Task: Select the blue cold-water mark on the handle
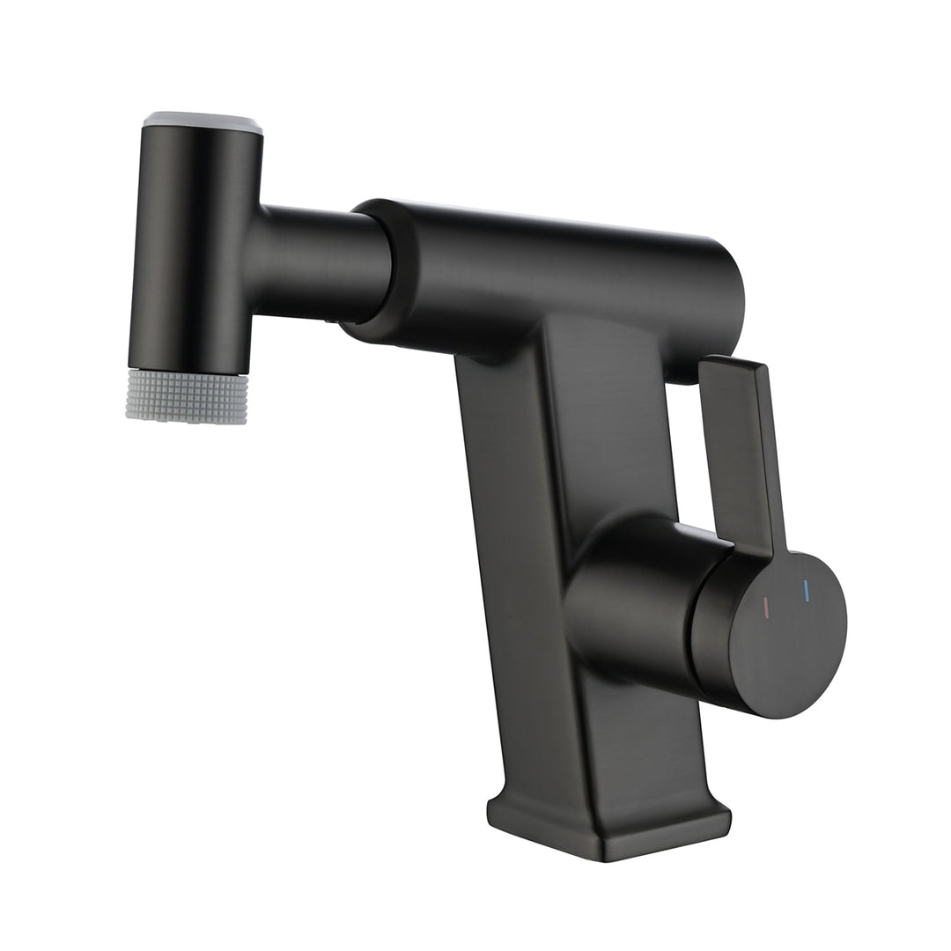coord(805,591)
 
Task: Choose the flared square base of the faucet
coord(608,823)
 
